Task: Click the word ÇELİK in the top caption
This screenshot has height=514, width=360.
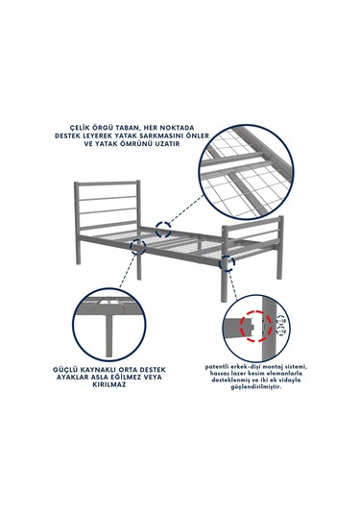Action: pos(82,128)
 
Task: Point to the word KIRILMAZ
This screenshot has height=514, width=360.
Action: pos(109,385)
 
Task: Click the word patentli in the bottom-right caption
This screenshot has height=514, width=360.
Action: pos(216,367)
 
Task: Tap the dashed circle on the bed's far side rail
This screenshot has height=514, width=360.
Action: pos(163,229)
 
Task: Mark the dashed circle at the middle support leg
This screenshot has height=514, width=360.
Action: pos(138,247)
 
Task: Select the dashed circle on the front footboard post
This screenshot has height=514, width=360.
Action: pos(227,263)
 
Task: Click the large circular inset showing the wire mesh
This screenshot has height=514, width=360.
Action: pos(246,172)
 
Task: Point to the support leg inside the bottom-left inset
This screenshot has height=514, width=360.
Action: pos(108,334)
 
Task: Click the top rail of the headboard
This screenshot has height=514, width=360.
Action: pos(108,184)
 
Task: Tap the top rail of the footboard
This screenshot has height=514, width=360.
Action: pos(252,222)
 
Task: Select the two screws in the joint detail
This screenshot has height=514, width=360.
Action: pos(281,326)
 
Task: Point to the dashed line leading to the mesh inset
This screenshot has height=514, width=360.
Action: pos(186,209)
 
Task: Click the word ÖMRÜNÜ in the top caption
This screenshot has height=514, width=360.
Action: pos(132,144)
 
